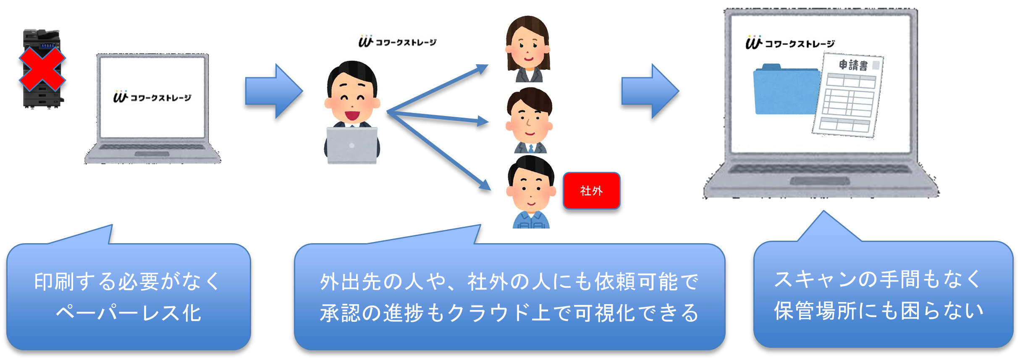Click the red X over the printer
point(42,69)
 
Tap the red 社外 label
point(591,191)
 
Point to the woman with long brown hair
point(528,48)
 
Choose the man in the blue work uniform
point(531,192)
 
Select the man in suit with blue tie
point(531,120)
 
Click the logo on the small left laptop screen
point(152,97)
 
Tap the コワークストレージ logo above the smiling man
point(397,41)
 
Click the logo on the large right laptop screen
point(789,43)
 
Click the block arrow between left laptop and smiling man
point(273,91)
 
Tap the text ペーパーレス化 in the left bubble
point(128,313)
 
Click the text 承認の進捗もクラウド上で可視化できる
point(509,313)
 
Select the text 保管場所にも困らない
point(878,311)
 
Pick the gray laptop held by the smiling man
point(352,145)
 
